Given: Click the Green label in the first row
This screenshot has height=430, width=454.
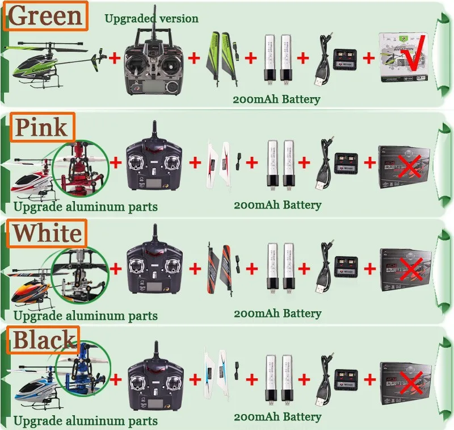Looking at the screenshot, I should tap(46, 16).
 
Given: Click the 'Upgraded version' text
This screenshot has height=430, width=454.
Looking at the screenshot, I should tap(152, 19).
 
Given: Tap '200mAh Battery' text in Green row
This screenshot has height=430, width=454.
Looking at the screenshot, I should tap(276, 99).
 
